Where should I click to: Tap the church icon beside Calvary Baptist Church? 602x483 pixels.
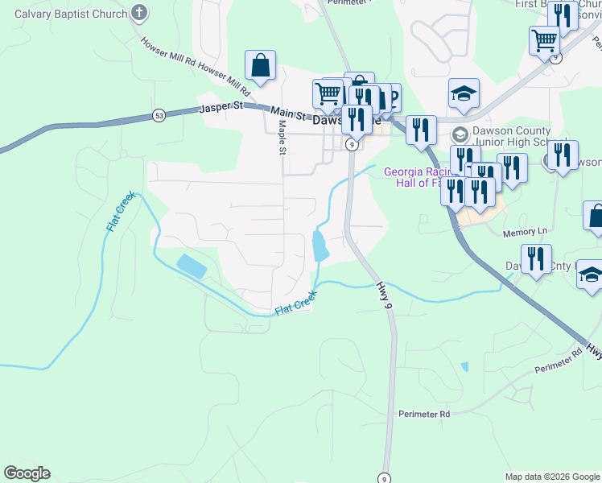[x=140, y=13]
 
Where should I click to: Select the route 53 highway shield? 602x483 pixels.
[x=159, y=117]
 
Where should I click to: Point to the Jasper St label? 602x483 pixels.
[x=221, y=105]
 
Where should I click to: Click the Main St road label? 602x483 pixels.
[x=289, y=114]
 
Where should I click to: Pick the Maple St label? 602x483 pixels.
[x=282, y=137]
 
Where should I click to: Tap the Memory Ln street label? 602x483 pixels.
[x=524, y=232]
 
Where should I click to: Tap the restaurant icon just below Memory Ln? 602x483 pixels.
[x=535, y=258]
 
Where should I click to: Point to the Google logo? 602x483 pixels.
[x=27, y=473]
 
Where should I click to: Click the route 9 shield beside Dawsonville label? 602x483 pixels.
[x=352, y=144]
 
